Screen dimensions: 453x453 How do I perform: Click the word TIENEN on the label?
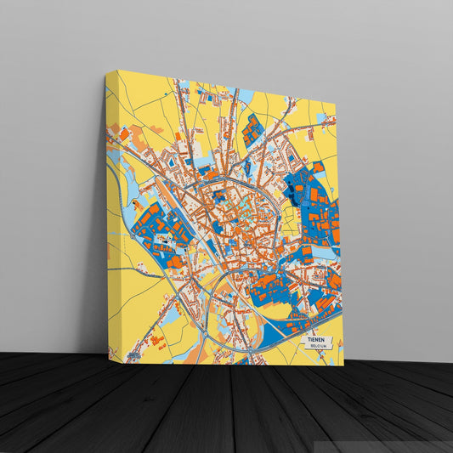point(315,340)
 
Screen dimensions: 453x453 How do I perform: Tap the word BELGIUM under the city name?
point(317,347)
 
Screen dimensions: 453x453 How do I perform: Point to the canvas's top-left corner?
point(107,73)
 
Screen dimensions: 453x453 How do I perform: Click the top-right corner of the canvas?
point(336,105)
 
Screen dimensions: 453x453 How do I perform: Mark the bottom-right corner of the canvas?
point(343,365)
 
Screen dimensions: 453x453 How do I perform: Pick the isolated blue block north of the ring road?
point(252,129)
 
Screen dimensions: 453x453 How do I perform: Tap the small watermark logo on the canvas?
point(133,355)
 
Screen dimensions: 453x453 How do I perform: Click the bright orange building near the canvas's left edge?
point(124,133)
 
